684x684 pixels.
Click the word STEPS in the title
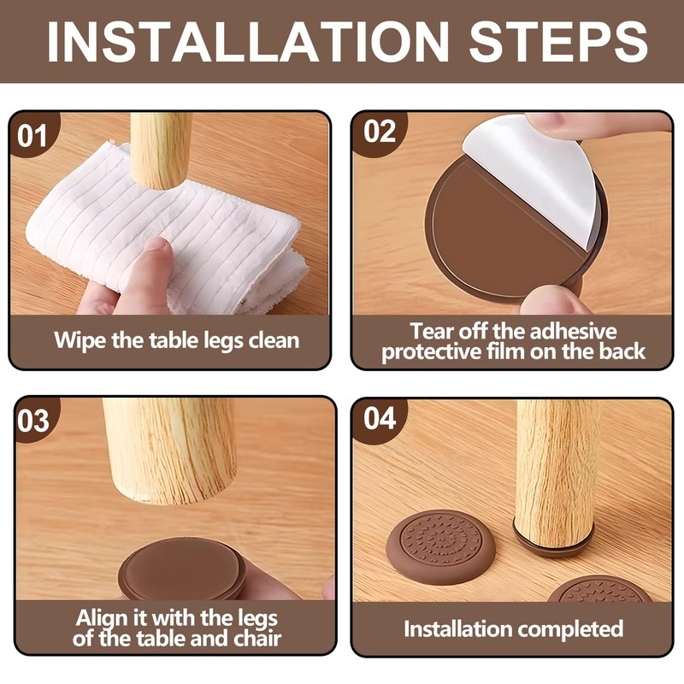558,41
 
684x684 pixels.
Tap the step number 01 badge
32,135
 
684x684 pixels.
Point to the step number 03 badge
33,421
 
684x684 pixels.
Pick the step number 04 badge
380,419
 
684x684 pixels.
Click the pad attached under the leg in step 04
554,542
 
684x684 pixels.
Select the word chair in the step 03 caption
257,639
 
